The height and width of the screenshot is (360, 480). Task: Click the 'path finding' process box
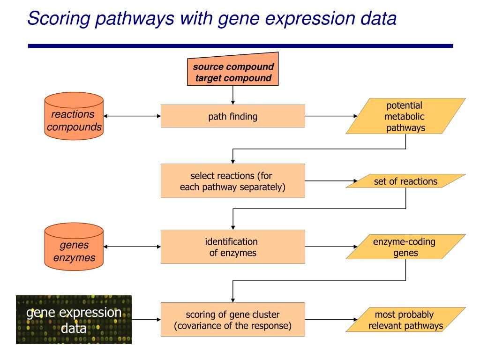click(x=232, y=116)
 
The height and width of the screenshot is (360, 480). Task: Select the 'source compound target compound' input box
click(x=232, y=69)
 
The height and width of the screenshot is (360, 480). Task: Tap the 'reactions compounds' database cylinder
click(x=74, y=116)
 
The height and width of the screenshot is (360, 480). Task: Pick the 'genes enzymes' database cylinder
click(x=74, y=247)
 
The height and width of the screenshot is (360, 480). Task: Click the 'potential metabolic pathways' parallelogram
click(x=405, y=116)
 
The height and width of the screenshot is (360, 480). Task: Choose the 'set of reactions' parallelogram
click(x=405, y=181)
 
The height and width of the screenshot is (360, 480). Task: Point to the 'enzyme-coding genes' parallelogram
click(x=405, y=247)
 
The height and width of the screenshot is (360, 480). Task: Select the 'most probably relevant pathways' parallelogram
click(x=405, y=320)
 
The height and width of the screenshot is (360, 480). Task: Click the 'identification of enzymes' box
click(x=232, y=247)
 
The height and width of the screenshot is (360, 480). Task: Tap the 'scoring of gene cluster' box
click(x=232, y=320)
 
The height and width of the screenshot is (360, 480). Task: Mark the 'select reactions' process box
click(x=232, y=181)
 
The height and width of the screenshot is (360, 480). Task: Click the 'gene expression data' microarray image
click(x=74, y=320)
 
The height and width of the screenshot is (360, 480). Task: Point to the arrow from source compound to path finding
click(x=232, y=95)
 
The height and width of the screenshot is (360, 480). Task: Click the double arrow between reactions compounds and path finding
click(x=132, y=116)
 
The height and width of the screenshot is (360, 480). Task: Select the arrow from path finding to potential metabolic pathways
click(x=331, y=116)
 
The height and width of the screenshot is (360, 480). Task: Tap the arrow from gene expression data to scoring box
click(x=146, y=320)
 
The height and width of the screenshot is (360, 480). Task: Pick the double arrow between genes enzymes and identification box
click(x=132, y=247)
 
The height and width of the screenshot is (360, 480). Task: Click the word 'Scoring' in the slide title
click(x=59, y=18)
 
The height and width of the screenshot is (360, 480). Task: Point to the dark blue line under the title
click(x=240, y=46)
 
